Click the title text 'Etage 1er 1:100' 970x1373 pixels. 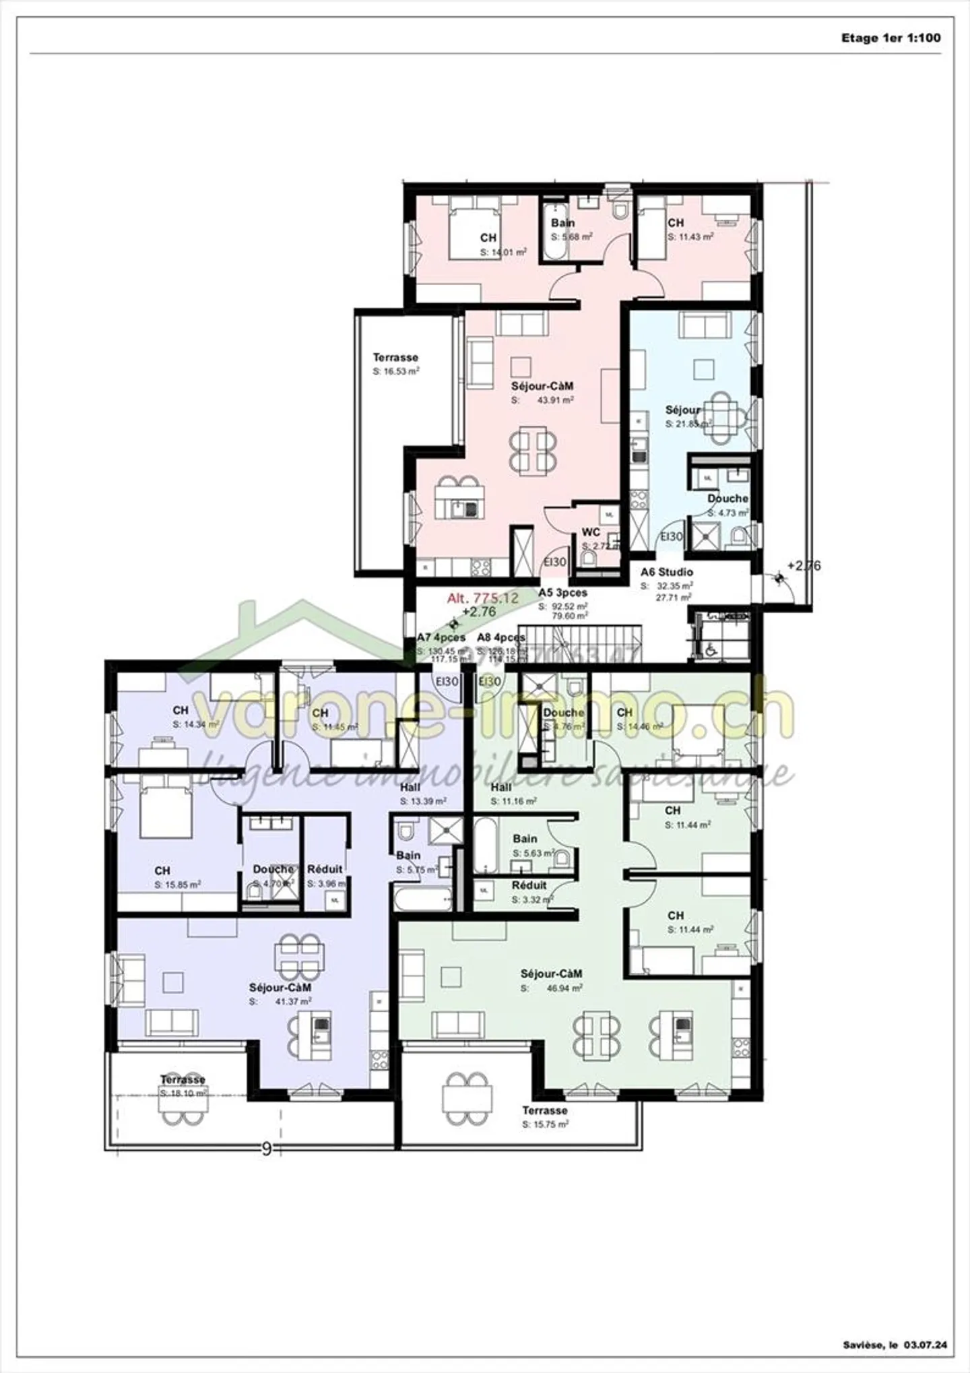pyautogui.click(x=890, y=38)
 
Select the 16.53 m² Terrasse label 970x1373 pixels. pyautogui.click(x=395, y=358)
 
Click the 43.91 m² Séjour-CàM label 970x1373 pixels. pyautogui.click(x=542, y=386)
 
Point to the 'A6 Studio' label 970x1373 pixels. pyautogui.click(x=666, y=572)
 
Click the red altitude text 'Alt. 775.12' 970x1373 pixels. pyautogui.click(x=482, y=598)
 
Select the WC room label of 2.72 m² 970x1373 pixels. pyautogui.click(x=591, y=532)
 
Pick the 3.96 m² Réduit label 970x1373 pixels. pyautogui.click(x=325, y=869)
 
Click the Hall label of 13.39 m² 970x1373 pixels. pyautogui.click(x=410, y=787)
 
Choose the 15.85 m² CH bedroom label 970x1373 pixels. pyautogui.click(x=162, y=870)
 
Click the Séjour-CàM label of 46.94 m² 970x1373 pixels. pyautogui.click(x=551, y=973)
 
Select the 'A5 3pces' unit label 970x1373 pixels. pyautogui.click(x=562, y=593)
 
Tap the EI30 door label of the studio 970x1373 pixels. pyautogui.click(x=671, y=537)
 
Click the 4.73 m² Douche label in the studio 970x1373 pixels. pyautogui.click(x=727, y=499)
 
